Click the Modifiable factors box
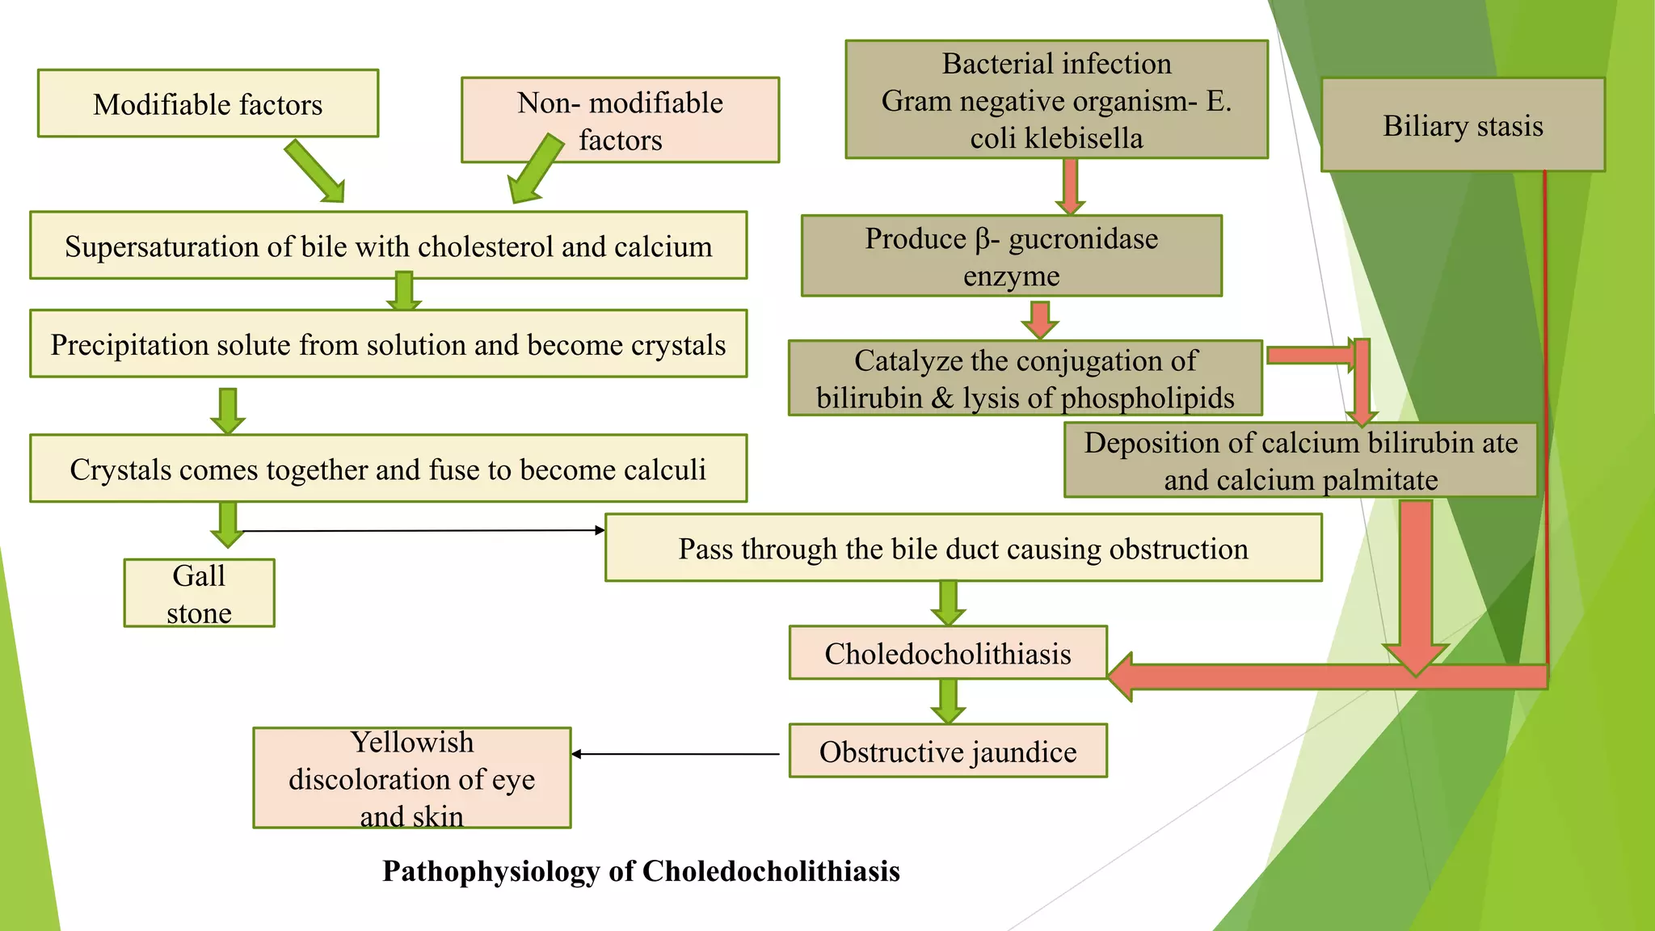pos(208,103)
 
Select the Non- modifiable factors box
pos(620,120)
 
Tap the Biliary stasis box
pos(1463,124)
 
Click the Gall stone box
pos(199,593)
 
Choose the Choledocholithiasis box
pos(947,653)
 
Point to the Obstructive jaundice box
pos(947,752)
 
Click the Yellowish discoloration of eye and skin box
pos(411,778)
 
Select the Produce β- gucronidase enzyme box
pos(1011,256)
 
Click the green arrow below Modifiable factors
pos(316,171)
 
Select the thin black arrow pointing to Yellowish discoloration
pos(676,754)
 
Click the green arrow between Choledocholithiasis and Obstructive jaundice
pos(947,701)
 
